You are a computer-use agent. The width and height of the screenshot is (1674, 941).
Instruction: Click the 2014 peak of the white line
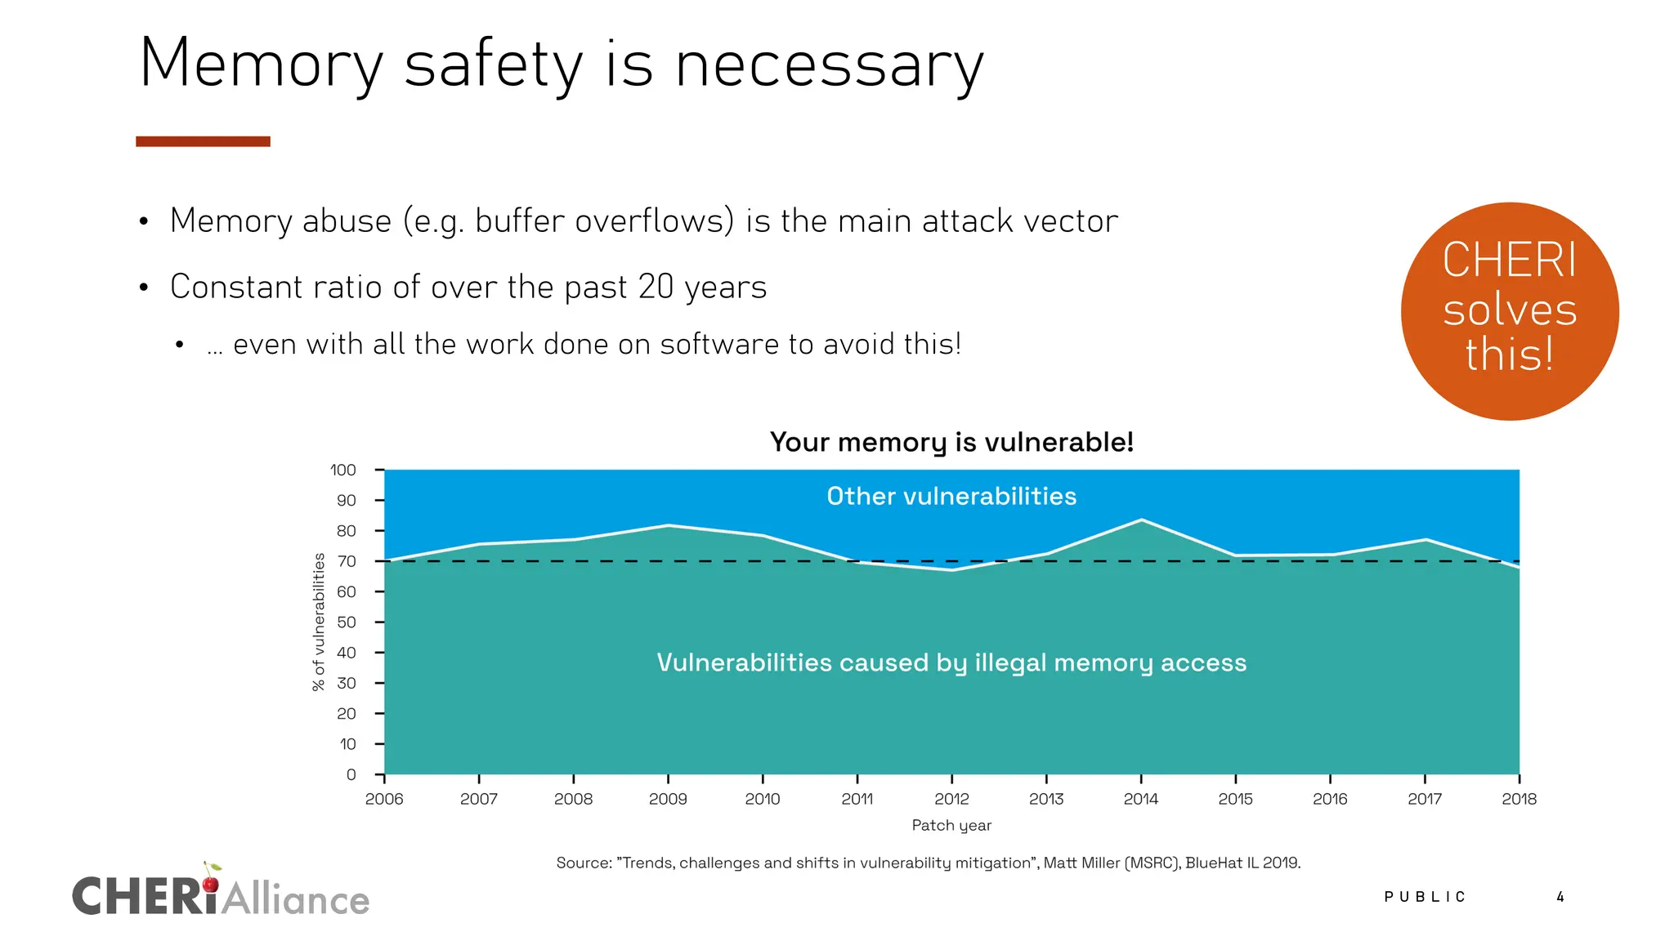click(x=1141, y=520)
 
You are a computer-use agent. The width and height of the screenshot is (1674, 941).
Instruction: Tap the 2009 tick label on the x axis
click(x=668, y=799)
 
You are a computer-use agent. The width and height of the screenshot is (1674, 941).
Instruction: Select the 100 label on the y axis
click(x=343, y=470)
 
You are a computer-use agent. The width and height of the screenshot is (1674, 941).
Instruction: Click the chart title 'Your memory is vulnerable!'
click(x=951, y=442)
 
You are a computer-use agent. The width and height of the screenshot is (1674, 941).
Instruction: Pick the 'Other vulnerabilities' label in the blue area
click(x=951, y=496)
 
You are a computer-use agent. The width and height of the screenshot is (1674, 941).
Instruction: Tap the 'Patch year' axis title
click(x=951, y=825)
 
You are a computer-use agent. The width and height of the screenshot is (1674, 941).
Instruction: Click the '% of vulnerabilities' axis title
click(x=319, y=622)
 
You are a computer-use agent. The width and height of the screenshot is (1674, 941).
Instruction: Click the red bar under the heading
click(x=203, y=141)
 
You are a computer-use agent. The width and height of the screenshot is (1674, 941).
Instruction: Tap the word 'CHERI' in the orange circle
click(x=1509, y=260)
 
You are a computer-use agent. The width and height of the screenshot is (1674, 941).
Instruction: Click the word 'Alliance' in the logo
click(x=295, y=900)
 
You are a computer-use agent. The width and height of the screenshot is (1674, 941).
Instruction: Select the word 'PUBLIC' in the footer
click(x=1425, y=897)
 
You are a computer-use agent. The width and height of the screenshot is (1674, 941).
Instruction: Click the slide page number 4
click(x=1560, y=897)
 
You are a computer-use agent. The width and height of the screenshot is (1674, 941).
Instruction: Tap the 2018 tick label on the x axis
click(x=1519, y=799)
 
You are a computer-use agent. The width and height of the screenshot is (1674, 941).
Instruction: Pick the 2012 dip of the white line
click(x=952, y=570)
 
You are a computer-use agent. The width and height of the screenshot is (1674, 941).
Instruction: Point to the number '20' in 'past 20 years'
click(x=656, y=287)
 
